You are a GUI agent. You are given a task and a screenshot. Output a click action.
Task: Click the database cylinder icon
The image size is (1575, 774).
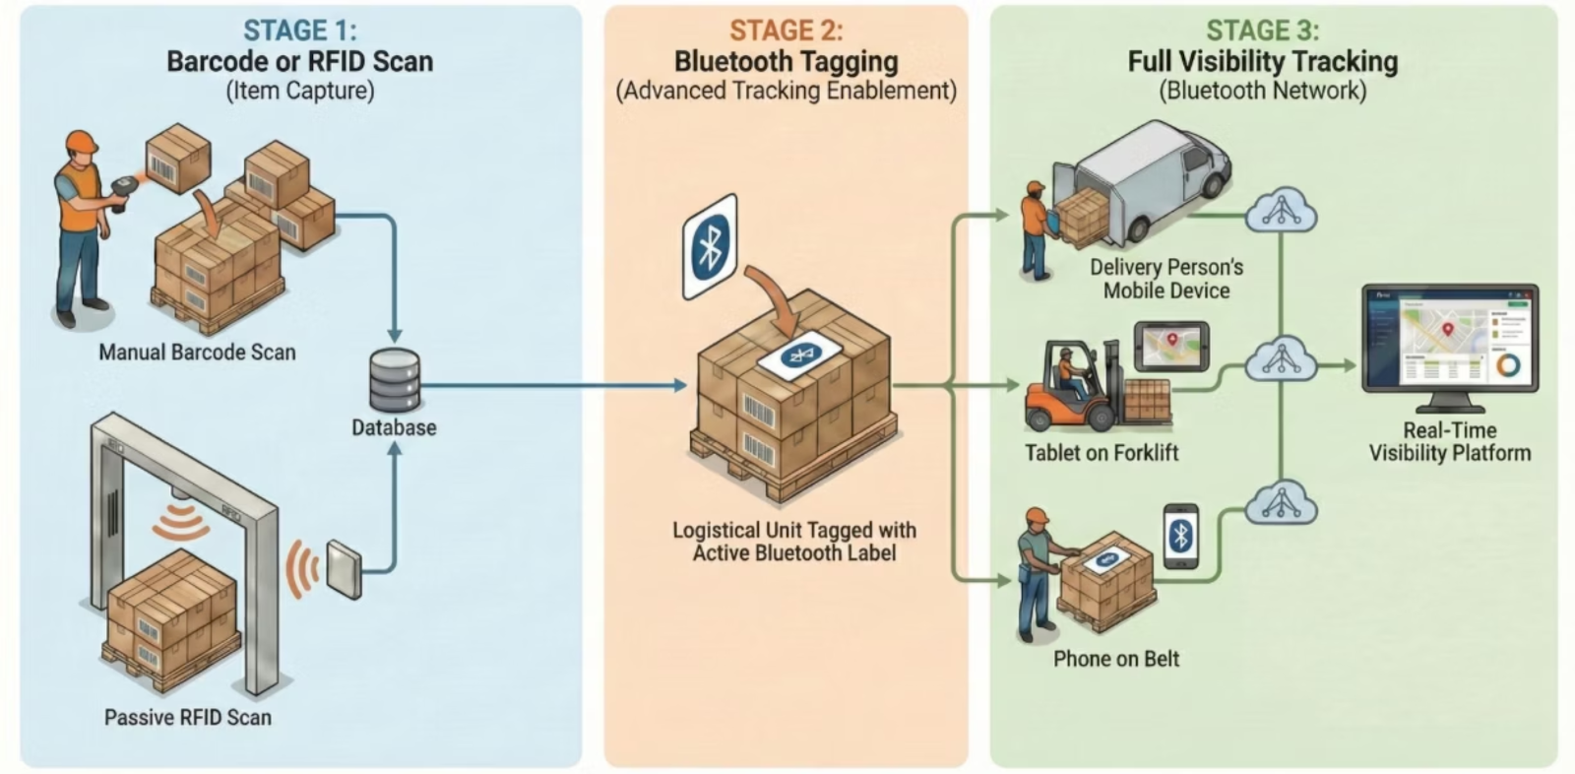coord(395,381)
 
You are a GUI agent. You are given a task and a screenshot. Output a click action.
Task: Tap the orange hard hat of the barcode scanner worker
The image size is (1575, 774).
coord(82,142)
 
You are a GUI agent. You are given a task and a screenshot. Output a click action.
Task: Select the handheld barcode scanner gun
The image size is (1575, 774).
coord(124,186)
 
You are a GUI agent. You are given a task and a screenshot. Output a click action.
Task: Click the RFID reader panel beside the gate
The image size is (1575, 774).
coord(345,568)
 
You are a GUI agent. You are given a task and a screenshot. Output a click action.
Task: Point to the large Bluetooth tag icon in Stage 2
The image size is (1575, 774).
coord(710,246)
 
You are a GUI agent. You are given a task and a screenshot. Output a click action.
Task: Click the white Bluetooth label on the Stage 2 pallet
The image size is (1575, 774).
coord(799,354)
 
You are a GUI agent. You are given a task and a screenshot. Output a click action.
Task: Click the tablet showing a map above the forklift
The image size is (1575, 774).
coord(1171,345)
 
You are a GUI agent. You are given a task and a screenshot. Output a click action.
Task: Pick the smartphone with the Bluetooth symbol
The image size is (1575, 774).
coord(1181,537)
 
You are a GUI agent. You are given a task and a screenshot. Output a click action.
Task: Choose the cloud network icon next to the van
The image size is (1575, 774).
coord(1281,210)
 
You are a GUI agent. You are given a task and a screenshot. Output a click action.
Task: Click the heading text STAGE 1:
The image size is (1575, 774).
coord(300,31)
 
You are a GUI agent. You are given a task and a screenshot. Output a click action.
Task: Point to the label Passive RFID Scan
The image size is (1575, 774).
coord(188,717)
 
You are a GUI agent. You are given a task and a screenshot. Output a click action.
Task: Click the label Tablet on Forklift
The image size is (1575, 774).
coord(1102,453)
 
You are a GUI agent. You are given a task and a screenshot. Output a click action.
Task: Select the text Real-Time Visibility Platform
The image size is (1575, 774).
coord(1450,442)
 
